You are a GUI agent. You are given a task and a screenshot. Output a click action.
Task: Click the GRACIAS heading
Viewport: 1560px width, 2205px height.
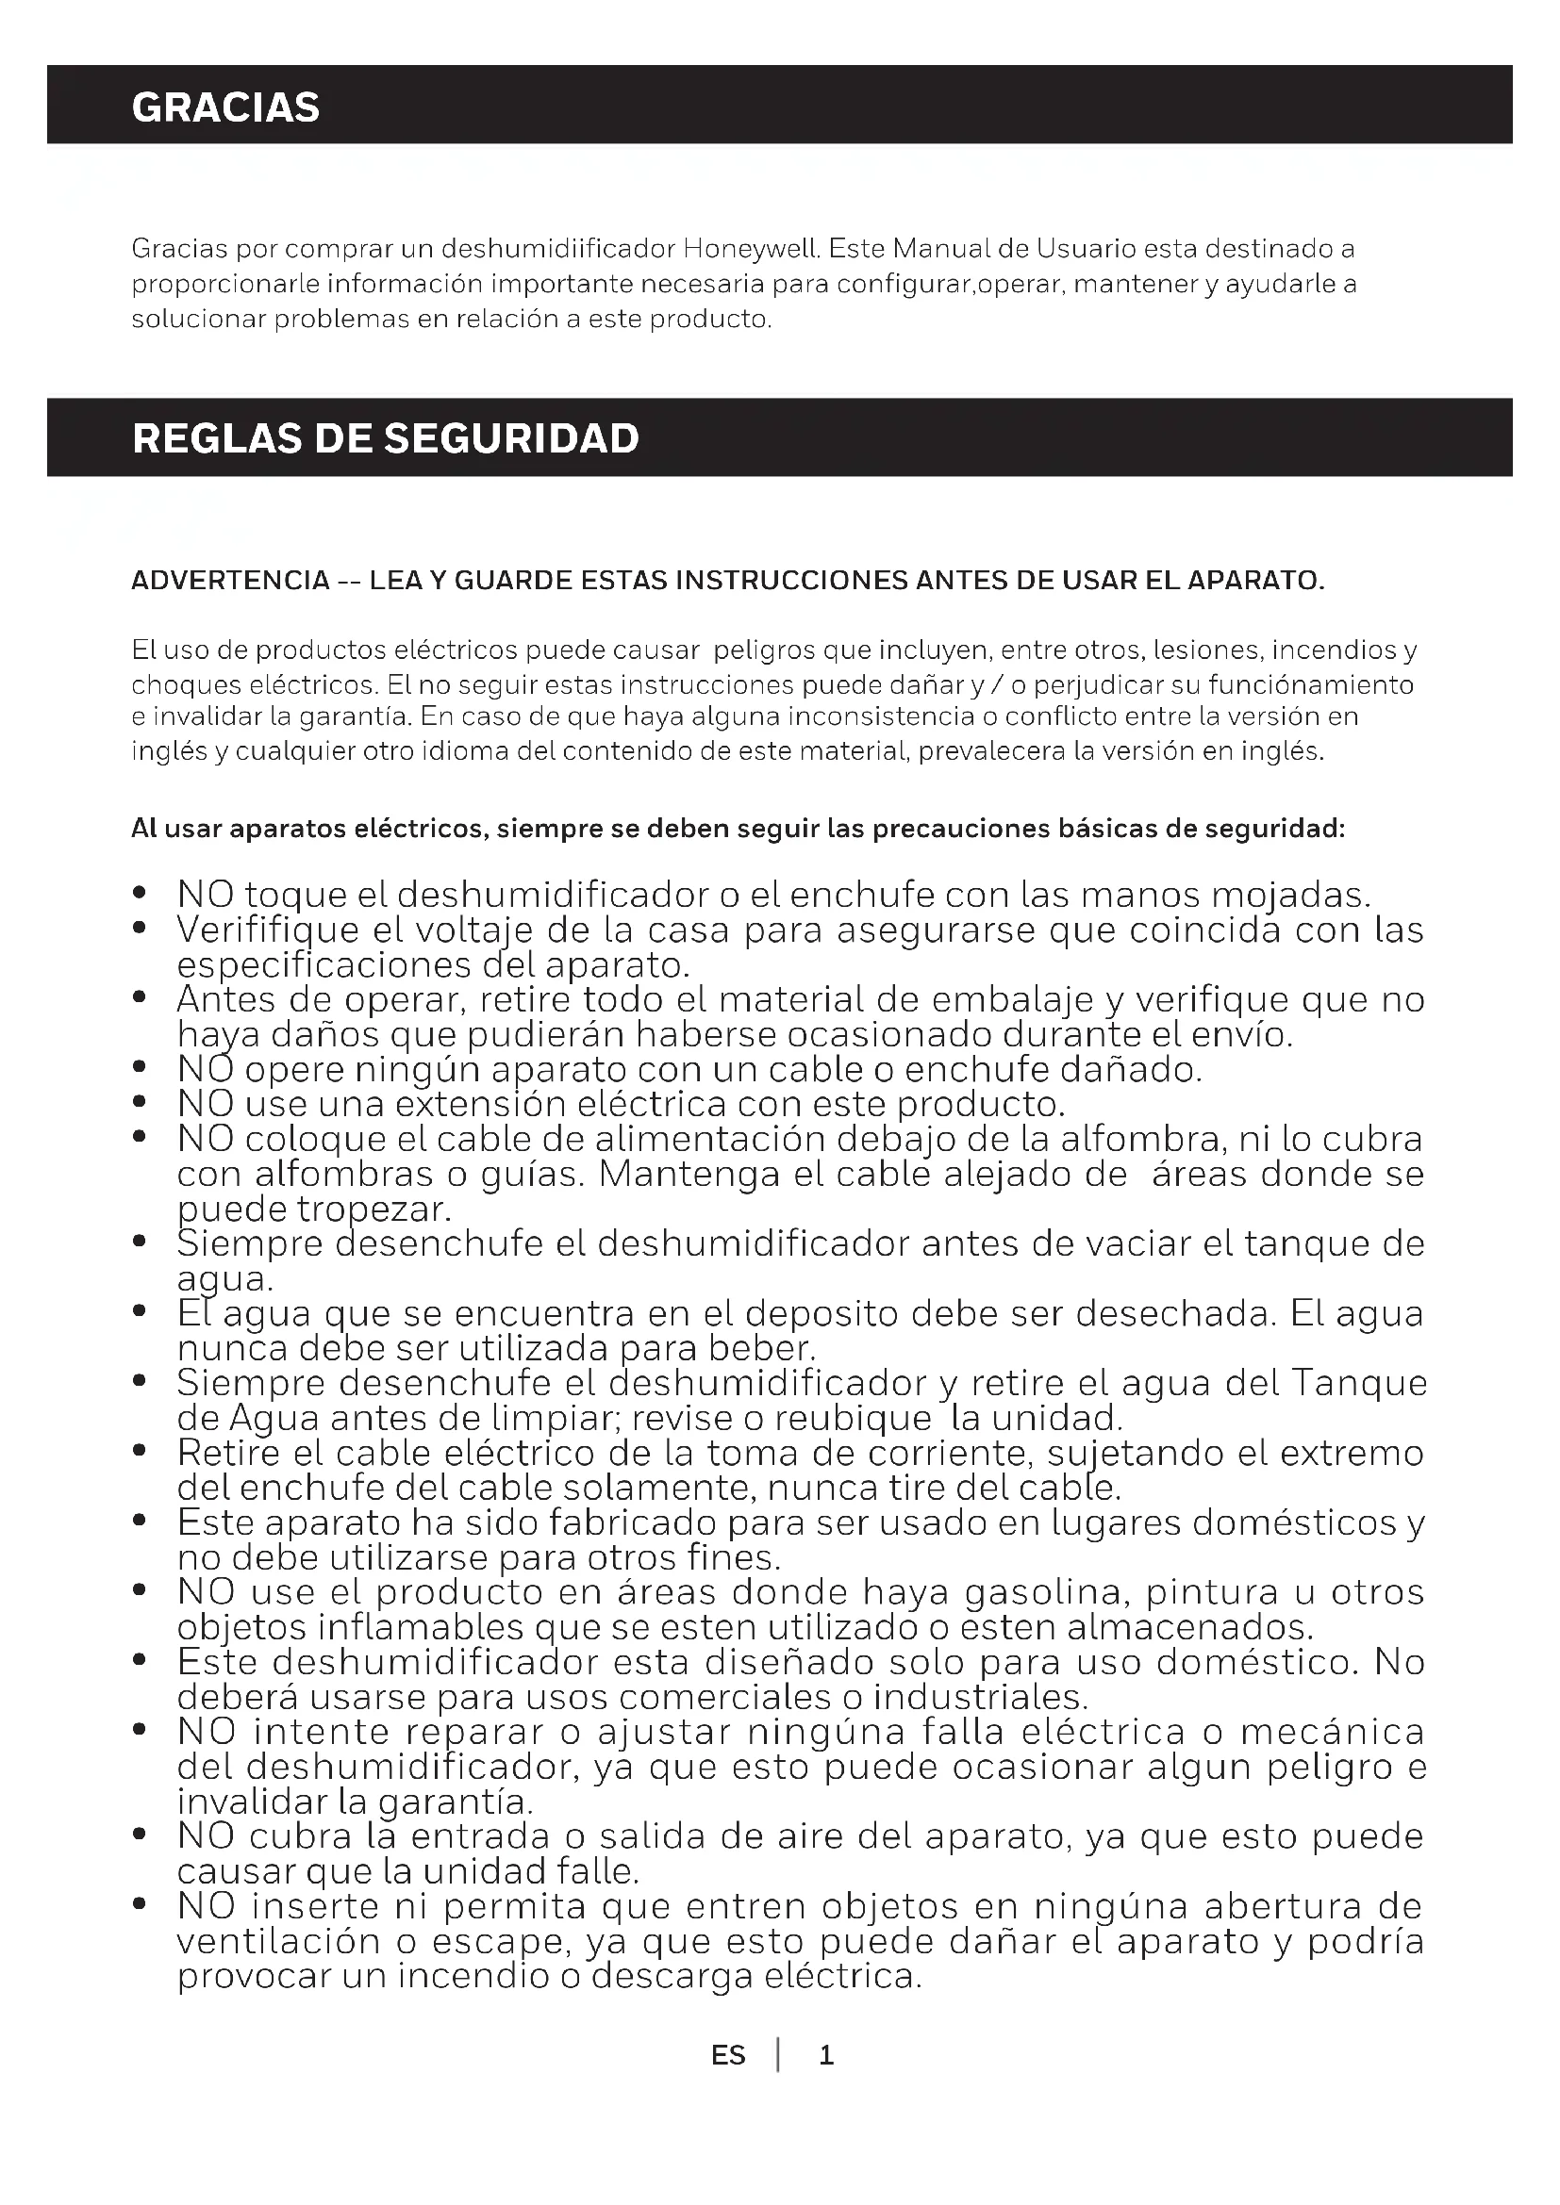tap(225, 107)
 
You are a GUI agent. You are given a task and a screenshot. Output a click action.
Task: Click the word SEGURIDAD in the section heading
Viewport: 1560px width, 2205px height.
tap(511, 438)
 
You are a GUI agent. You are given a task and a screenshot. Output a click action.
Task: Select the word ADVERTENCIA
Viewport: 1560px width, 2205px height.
tap(230, 581)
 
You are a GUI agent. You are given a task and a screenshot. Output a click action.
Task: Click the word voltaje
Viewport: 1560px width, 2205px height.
tap(473, 930)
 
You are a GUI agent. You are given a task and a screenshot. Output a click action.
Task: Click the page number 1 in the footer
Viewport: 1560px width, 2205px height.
tap(826, 2055)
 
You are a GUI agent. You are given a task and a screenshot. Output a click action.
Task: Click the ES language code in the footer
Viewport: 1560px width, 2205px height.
tap(728, 2055)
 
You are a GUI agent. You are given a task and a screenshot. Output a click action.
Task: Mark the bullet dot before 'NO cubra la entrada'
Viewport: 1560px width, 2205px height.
tap(141, 1835)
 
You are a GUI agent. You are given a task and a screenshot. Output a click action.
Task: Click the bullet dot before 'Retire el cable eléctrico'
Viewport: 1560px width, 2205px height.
tap(141, 1451)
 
